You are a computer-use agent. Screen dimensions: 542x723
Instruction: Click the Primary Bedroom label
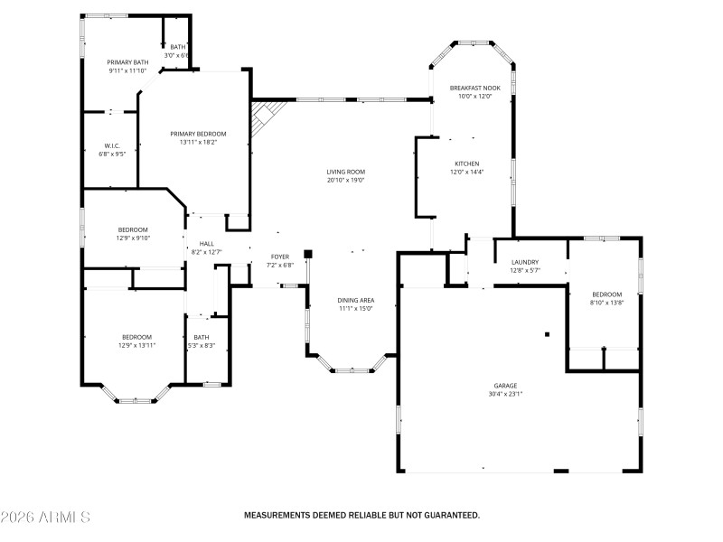click(198, 133)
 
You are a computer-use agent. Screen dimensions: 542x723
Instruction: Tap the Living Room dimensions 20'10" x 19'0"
click(346, 180)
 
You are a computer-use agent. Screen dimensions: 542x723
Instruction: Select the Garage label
click(505, 385)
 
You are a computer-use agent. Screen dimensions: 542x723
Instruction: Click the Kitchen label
click(467, 164)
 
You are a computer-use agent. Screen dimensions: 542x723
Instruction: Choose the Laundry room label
click(524, 262)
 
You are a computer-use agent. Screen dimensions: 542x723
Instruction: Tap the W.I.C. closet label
click(112, 145)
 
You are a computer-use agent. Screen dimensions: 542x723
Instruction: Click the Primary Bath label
click(127, 62)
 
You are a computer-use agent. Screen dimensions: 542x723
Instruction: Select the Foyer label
click(280, 257)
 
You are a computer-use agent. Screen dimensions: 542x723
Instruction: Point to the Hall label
click(207, 243)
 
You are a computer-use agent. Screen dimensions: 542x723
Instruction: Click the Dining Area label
click(356, 300)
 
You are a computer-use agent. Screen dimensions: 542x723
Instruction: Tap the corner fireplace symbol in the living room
click(266, 116)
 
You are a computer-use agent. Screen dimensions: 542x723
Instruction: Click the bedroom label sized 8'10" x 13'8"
click(606, 294)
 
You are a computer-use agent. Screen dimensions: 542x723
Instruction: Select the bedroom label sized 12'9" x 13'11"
click(136, 337)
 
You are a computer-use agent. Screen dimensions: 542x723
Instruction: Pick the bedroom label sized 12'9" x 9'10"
click(133, 229)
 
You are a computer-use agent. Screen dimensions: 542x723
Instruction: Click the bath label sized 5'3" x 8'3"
click(201, 337)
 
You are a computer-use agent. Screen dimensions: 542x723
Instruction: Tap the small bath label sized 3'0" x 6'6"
click(177, 47)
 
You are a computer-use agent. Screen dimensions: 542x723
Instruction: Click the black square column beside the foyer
click(308, 255)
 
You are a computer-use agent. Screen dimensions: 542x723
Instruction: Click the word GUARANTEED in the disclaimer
click(446, 515)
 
